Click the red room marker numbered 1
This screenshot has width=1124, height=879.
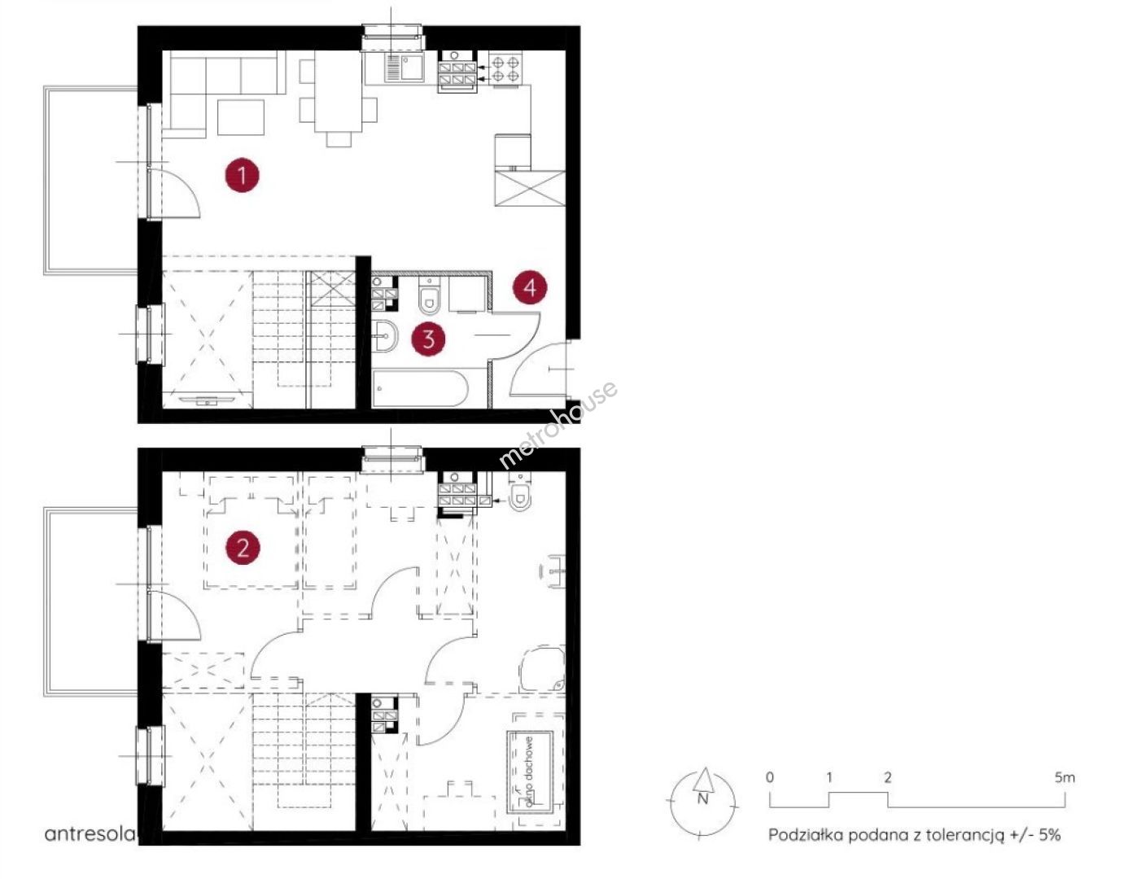(x=242, y=176)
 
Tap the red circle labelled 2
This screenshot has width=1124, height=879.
(x=242, y=547)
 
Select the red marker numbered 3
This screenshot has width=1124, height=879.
(x=428, y=339)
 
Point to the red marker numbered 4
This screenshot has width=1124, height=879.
(x=530, y=287)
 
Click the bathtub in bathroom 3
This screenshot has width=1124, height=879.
(x=420, y=387)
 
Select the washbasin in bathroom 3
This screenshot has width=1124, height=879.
(x=384, y=336)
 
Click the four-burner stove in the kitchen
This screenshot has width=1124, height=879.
(x=505, y=69)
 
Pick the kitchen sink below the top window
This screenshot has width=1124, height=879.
(x=405, y=68)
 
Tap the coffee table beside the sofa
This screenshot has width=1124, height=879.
(x=241, y=117)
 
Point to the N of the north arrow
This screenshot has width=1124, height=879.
(x=702, y=799)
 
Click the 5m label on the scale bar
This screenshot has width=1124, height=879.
(x=1065, y=777)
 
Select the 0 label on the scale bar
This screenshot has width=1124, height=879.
(x=770, y=777)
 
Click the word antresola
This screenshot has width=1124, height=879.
(x=89, y=834)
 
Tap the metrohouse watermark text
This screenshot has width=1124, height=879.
(x=558, y=425)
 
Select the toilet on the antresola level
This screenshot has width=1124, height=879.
(x=519, y=494)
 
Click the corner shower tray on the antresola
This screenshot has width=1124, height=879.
(x=543, y=667)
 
